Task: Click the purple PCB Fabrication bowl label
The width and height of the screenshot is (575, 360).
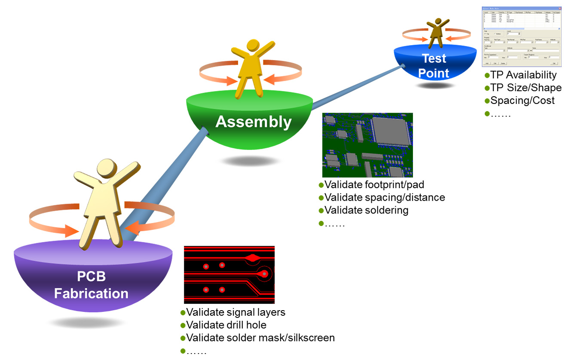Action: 91,285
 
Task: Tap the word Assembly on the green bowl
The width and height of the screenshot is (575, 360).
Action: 253,122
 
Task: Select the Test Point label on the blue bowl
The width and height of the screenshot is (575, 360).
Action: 434,66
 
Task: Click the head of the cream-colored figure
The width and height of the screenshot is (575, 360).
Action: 105,168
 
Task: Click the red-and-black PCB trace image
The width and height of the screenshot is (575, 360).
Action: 229,275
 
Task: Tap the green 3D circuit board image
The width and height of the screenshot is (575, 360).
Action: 367,145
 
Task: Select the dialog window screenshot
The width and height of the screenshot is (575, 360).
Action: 521,36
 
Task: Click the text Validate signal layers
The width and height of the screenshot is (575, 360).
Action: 236,312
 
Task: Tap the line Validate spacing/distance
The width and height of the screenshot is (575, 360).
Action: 384,198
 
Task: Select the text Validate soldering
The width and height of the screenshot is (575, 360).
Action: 366,211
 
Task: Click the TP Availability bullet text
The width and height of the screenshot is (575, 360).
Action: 523,75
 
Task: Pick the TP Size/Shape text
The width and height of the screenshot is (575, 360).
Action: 526,88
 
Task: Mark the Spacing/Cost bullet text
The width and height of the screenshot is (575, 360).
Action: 522,101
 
